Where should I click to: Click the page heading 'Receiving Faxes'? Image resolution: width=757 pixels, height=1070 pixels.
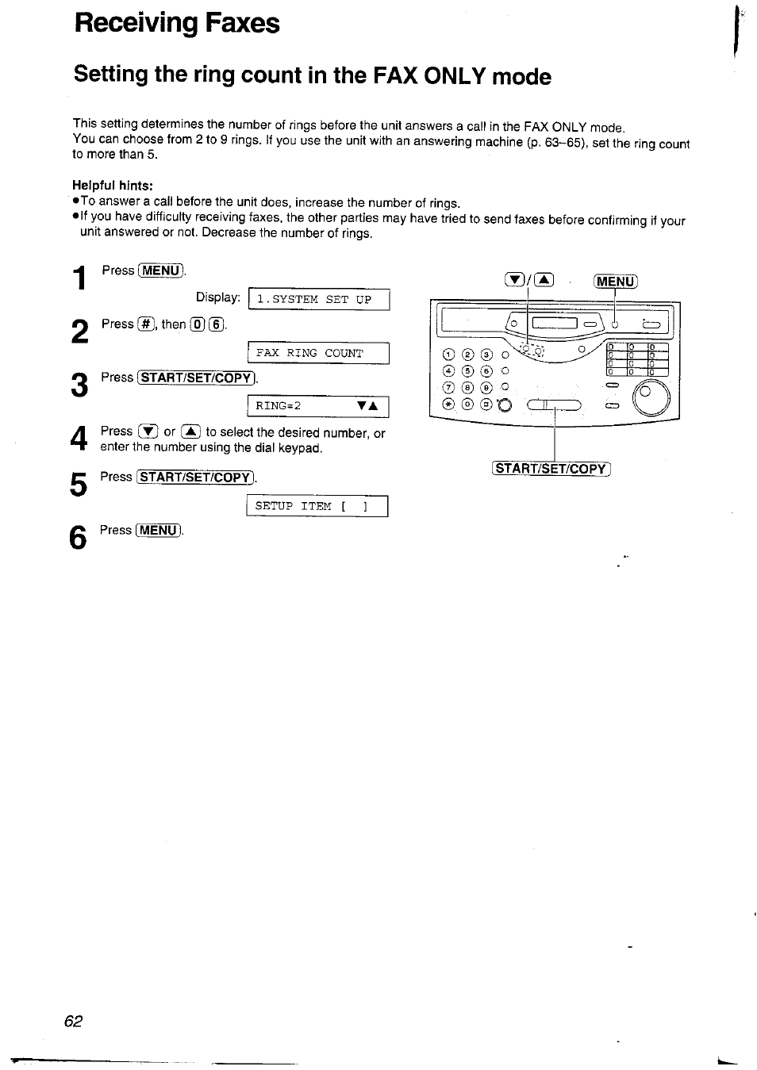click(x=176, y=23)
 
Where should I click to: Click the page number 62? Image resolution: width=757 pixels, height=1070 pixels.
click(x=73, y=1021)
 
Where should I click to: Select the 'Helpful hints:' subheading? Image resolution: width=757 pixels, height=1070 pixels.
click(x=112, y=186)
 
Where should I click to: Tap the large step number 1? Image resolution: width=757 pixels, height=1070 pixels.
click(x=79, y=278)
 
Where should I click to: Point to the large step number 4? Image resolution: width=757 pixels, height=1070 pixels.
click(x=78, y=439)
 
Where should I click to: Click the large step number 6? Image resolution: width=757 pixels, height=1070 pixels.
click(x=78, y=539)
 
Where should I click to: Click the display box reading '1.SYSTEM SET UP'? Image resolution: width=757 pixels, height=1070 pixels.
click(x=319, y=300)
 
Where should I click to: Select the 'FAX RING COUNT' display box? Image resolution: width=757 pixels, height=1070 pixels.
click(x=319, y=353)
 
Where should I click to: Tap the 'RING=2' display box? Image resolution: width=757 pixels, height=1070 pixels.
click(x=319, y=406)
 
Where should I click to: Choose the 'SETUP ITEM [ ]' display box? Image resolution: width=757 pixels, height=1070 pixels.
click(x=317, y=506)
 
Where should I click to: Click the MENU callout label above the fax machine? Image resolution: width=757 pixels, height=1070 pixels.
click(x=616, y=282)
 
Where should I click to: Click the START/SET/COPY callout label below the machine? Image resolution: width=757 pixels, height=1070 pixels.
click(x=551, y=469)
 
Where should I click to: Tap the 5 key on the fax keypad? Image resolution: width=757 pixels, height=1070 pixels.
click(x=467, y=370)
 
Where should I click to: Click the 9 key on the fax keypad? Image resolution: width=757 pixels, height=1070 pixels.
click(x=485, y=387)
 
